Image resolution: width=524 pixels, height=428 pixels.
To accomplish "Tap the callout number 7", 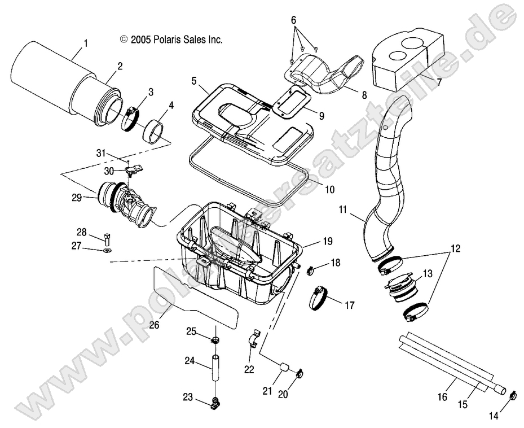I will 438,82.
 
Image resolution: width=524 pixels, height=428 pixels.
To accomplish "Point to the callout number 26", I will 153,325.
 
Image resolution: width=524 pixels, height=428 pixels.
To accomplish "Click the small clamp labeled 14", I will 513,395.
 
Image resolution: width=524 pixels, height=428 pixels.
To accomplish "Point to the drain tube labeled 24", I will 214,368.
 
